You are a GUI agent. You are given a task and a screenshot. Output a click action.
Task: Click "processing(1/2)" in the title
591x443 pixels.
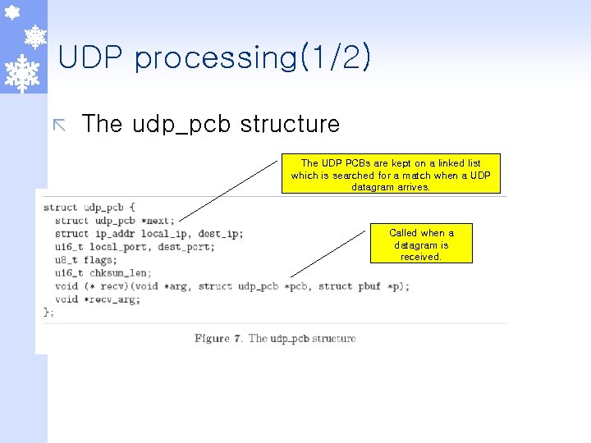point(252,58)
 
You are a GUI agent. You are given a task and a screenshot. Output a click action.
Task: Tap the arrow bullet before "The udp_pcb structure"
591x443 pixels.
point(59,125)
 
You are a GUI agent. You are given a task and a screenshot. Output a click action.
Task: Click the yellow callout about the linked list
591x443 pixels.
point(391,175)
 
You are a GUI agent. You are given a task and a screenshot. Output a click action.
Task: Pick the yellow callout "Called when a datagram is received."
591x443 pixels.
point(420,244)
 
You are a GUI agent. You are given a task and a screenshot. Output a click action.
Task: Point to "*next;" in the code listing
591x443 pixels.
point(157,221)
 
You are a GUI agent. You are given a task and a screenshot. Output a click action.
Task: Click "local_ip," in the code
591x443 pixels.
point(169,234)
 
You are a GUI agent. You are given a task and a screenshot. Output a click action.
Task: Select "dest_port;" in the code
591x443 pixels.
point(186,247)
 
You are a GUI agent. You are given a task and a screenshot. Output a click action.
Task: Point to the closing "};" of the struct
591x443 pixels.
point(48,312)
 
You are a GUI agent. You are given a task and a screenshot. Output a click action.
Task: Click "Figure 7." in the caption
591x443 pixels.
point(218,338)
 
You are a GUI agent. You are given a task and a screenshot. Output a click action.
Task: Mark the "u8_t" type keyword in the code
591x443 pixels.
point(66,260)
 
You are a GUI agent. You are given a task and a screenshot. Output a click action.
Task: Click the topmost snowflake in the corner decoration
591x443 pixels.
point(11,11)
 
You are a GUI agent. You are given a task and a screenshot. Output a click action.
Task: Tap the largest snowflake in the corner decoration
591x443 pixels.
point(23,72)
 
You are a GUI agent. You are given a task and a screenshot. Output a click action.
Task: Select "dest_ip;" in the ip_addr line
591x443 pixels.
point(221,234)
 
